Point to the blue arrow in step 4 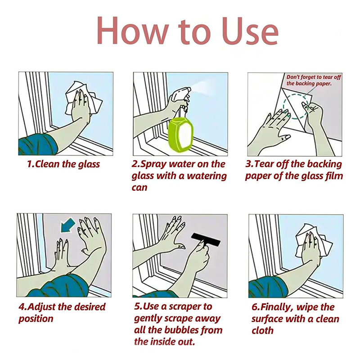[67, 225]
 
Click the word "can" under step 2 [139, 188]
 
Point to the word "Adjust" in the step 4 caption [41, 307]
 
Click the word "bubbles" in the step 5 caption [182, 330]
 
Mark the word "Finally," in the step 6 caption [277, 307]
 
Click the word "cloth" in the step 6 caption [262, 330]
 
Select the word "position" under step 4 [36, 319]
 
